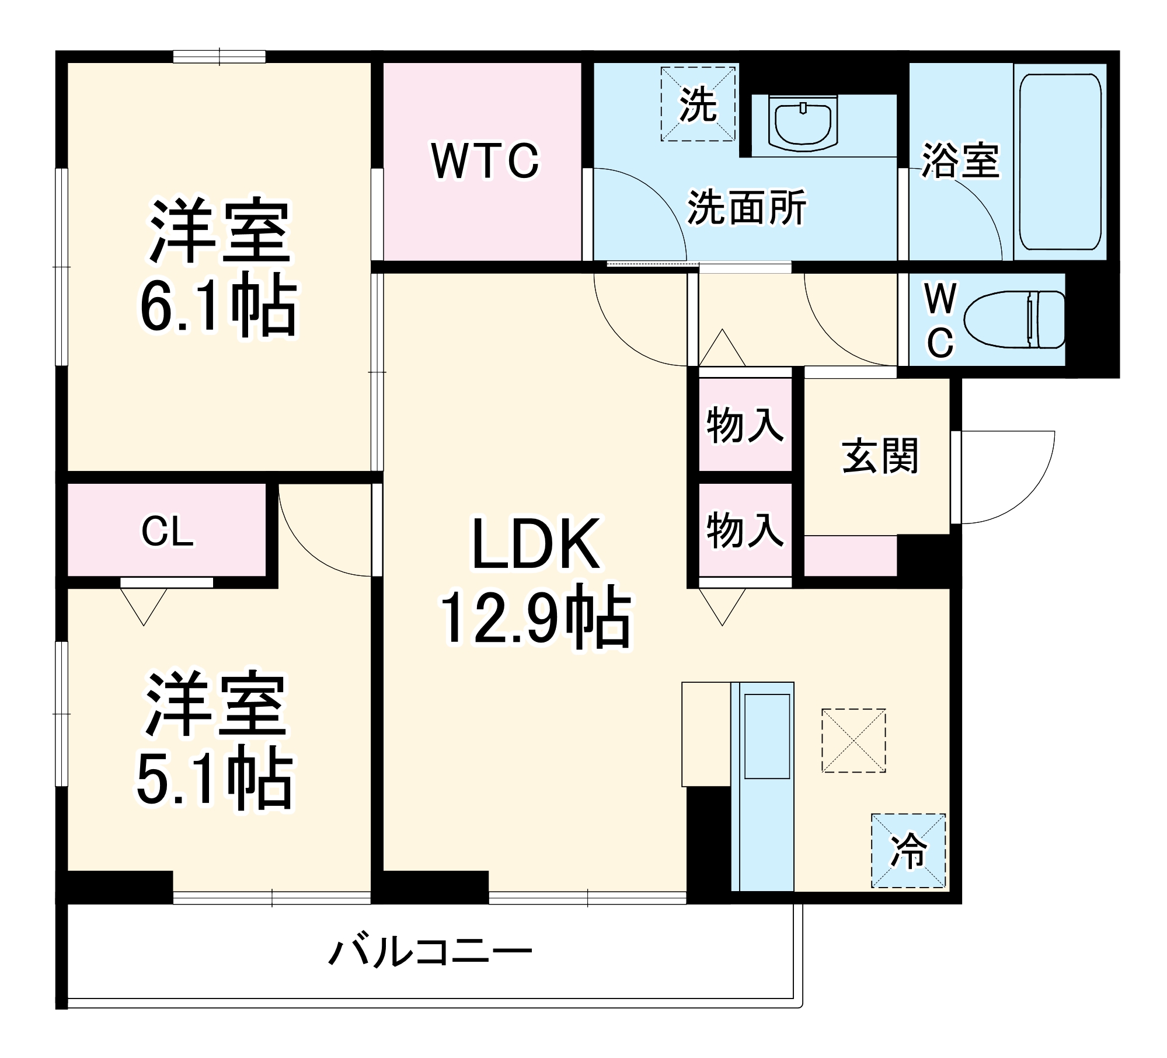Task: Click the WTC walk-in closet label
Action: coord(485,161)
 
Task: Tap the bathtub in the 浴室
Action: coord(1060,162)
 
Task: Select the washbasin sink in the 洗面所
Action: coord(803,124)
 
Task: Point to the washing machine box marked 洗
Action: coord(698,104)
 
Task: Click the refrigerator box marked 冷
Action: coord(908,850)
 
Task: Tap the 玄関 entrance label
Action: coord(880,456)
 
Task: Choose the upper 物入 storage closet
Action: coord(745,425)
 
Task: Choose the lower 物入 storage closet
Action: coord(745,530)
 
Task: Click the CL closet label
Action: coord(168,532)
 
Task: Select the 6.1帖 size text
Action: coord(218,305)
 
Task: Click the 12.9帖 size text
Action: coord(535,618)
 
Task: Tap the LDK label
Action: coord(535,544)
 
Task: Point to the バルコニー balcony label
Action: coord(430,952)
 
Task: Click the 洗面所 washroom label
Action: coord(747,207)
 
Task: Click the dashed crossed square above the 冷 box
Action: coord(854,740)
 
